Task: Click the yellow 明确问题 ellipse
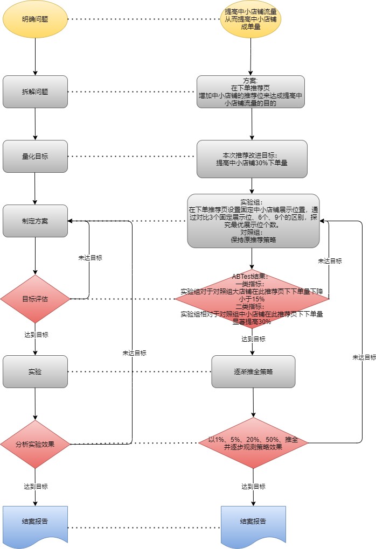pyautogui.click(x=35, y=19)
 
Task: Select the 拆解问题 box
pyautogui.click(x=35, y=91)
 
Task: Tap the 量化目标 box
pyautogui.click(x=35, y=157)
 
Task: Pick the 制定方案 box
pyautogui.click(x=35, y=221)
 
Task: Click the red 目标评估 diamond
pyautogui.click(x=35, y=299)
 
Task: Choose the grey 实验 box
pyautogui.click(x=35, y=371)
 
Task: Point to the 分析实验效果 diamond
pyautogui.click(x=35, y=444)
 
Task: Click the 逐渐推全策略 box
pyautogui.click(x=253, y=371)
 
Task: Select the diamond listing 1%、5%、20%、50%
pyautogui.click(x=253, y=443)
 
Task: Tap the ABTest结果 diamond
pyautogui.click(x=253, y=299)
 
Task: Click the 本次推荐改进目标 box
pyautogui.click(x=252, y=159)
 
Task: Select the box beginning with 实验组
pyautogui.click(x=253, y=221)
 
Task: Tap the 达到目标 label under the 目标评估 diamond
pyautogui.click(x=35, y=335)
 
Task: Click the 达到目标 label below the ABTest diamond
pyautogui.click(x=253, y=339)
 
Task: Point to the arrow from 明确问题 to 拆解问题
pyautogui.click(x=35, y=57)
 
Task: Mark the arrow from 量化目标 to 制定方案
pyautogui.click(x=35, y=188)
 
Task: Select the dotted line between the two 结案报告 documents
pyautogui.click(x=144, y=527)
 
